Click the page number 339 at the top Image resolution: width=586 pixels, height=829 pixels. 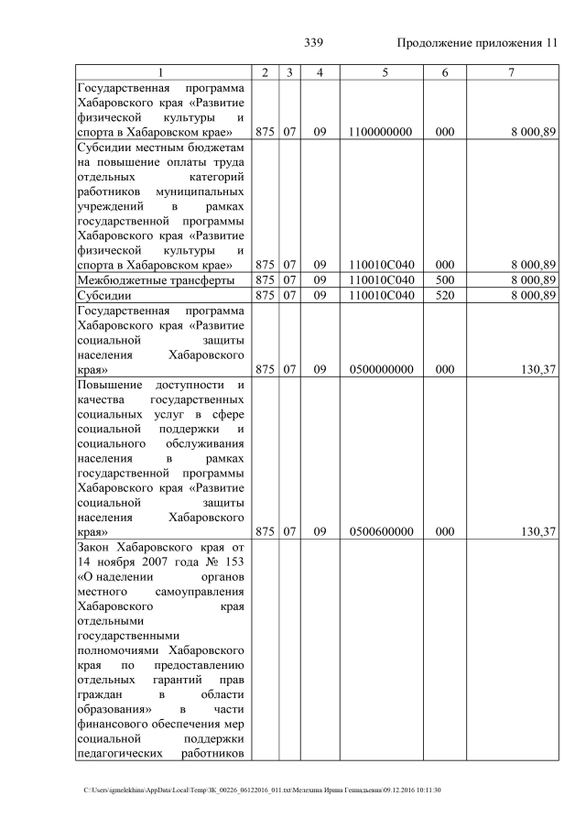[313, 43]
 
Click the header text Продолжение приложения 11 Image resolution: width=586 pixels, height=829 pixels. [476, 43]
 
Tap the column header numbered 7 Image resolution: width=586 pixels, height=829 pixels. [511, 72]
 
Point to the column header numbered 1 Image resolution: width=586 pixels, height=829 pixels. [161, 72]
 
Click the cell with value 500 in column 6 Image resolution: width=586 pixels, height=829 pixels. [445, 279]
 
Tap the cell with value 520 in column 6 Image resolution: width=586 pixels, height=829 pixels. [445, 295]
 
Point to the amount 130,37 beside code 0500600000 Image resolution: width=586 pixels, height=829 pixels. [537, 531]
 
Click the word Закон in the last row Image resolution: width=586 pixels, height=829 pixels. [96, 547]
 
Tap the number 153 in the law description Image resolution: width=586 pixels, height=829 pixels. [233, 562]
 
